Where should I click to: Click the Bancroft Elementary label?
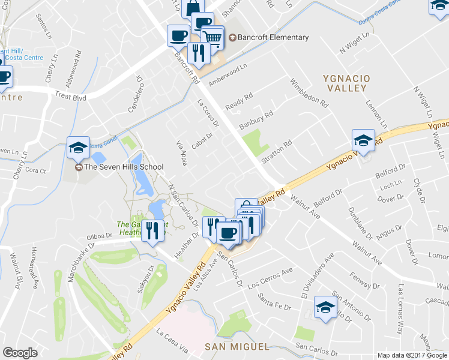(273, 37)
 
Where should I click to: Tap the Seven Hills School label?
(124, 167)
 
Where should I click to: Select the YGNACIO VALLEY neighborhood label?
(345, 83)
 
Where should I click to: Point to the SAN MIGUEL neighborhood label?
(236, 347)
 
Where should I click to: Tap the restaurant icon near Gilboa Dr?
(152, 230)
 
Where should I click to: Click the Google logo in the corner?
(20, 353)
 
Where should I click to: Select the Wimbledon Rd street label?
(309, 93)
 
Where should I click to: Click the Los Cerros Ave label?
(270, 276)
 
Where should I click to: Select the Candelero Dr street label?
(134, 94)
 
